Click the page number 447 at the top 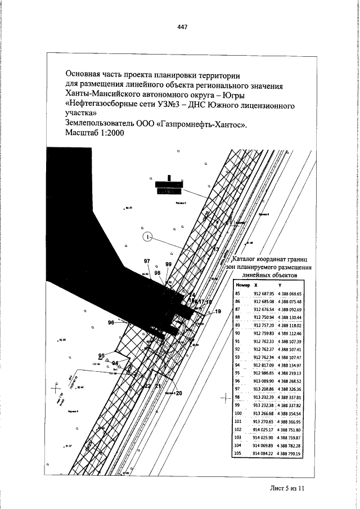pos(181,26)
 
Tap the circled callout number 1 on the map pos(148,237)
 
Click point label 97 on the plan pos(147,261)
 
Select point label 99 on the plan pos(168,264)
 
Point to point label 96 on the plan pos(111,323)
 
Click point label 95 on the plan pos(101,355)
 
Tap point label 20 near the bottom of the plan pos(179,393)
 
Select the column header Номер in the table pos(242,286)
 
